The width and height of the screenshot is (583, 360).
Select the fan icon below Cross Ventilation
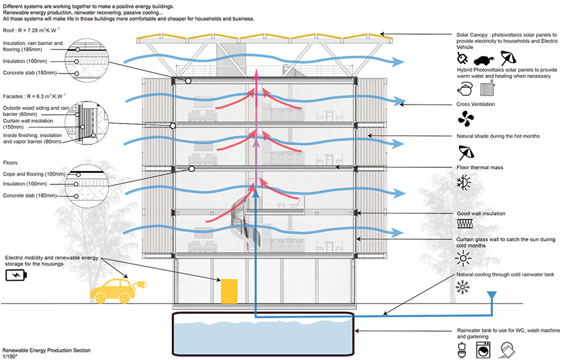pos(465,118)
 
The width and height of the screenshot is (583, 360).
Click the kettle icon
pos(464,89)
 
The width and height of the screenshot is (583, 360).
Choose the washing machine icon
pos(486,348)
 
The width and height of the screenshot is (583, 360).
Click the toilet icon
pos(463,348)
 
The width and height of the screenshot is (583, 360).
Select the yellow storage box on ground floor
pos(229,290)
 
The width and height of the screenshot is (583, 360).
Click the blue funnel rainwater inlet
pos(490,296)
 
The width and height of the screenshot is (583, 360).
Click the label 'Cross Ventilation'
pos(475,104)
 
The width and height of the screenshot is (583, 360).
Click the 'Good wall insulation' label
pos(481,214)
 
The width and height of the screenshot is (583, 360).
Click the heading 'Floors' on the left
pos(11,163)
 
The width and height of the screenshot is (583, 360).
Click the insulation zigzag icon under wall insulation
pos(465,225)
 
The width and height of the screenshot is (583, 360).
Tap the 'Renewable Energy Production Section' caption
pos(46,350)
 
